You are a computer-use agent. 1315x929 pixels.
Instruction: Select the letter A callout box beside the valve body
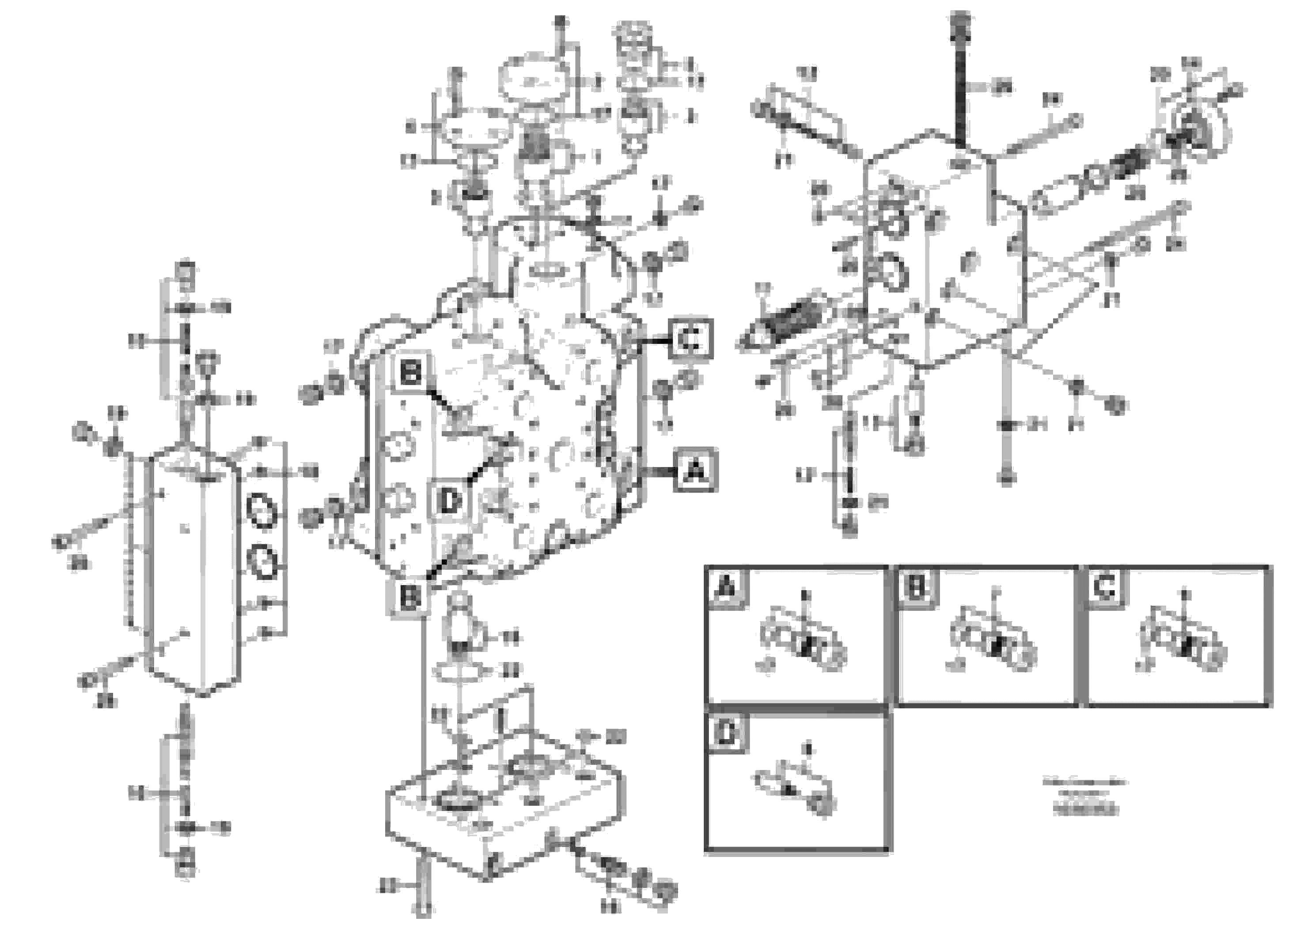tap(695, 470)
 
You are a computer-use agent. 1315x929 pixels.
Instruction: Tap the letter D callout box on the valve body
tap(450, 502)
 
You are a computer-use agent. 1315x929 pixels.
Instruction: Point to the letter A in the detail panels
tap(726, 587)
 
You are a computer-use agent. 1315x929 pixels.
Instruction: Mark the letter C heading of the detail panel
tap(1104, 587)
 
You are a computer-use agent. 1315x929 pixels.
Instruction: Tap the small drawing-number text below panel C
tap(1084, 796)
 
